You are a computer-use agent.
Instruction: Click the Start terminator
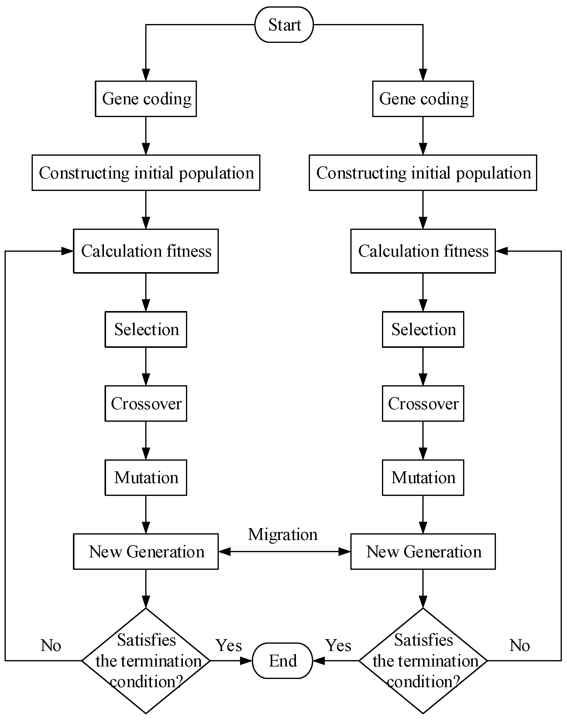tap(284, 25)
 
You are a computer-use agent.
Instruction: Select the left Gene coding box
tap(146, 99)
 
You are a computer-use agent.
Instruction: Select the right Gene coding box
tap(423, 99)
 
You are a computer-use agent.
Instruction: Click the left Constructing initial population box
tap(146, 173)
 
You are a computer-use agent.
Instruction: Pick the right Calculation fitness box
tap(423, 251)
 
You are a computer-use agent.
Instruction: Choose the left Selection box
tap(146, 330)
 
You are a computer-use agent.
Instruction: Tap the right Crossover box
tap(423, 403)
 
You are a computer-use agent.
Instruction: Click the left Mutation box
tap(146, 478)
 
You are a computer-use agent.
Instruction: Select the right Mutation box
tap(423, 478)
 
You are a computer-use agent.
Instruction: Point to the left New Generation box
tap(146, 552)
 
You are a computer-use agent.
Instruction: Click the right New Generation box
tap(423, 552)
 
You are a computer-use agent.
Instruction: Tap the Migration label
tap(283, 534)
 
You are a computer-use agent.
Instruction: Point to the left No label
tap(51, 645)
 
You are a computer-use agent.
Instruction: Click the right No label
tap(519, 645)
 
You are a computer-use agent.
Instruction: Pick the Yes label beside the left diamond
tap(229, 645)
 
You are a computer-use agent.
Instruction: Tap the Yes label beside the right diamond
tap(338, 645)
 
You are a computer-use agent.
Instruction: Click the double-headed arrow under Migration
tap(284, 552)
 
